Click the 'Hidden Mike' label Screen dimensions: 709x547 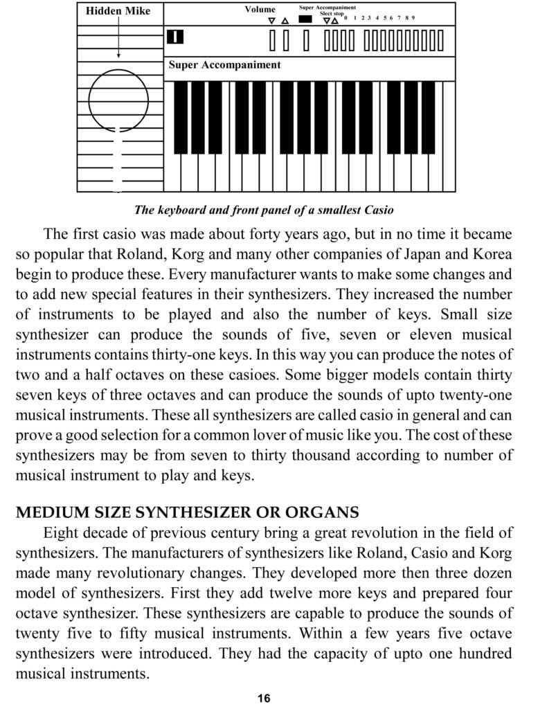(x=118, y=11)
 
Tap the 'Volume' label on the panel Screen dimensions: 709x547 (x=260, y=10)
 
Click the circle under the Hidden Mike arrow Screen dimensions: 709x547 (x=118, y=100)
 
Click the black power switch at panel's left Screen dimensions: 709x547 (x=176, y=37)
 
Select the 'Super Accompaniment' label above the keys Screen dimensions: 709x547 (x=224, y=65)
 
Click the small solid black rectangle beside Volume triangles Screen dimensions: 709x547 (x=305, y=19)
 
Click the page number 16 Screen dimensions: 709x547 (x=264, y=697)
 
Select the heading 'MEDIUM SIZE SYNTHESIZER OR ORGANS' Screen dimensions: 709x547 (x=187, y=513)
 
